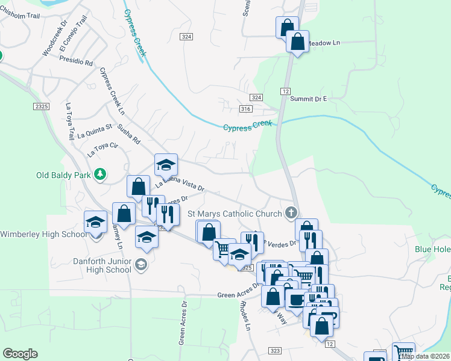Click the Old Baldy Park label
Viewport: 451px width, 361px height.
click(x=63, y=175)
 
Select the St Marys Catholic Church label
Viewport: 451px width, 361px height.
click(x=235, y=214)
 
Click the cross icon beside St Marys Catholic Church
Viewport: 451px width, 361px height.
click(x=291, y=212)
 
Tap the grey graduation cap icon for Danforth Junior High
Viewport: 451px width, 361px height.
click(x=140, y=264)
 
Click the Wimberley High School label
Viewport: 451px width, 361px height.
click(x=43, y=234)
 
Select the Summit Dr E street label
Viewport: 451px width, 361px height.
click(x=307, y=99)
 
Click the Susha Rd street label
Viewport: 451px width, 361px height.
click(x=129, y=134)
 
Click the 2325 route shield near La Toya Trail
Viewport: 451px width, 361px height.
click(x=42, y=106)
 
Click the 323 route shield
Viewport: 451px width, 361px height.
click(x=276, y=350)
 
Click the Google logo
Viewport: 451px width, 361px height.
click(x=20, y=354)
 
